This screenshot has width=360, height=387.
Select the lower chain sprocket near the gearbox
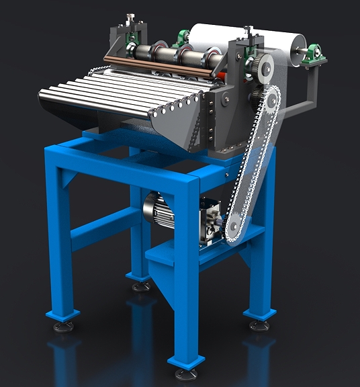(x=234, y=228)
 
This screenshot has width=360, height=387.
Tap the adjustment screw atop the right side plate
(x=248, y=31)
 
